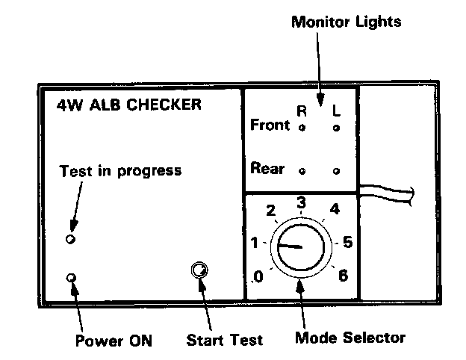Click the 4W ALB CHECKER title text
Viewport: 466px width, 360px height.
coord(128,105)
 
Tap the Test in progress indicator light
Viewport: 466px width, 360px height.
coord(70,239)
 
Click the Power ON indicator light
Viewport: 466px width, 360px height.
coord(71,278)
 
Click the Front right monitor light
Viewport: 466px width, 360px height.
coord(301,128)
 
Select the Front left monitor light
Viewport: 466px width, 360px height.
coord(336,128)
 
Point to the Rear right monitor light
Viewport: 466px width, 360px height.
coord(301,170)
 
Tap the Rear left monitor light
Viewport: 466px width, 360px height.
coord(336,171)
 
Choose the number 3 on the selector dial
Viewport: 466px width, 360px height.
coord(301,202)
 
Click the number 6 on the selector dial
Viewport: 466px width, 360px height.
coord(343,275)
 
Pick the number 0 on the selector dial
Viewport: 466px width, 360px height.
coord(258,278)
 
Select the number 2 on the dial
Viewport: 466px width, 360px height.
coord(270,210)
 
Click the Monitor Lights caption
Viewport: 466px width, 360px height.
coord(345,22)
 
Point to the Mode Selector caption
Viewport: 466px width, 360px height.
coord(349,338)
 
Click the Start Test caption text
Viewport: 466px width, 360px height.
coord(224,341)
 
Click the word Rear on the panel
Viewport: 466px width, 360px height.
coord(267,169)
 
